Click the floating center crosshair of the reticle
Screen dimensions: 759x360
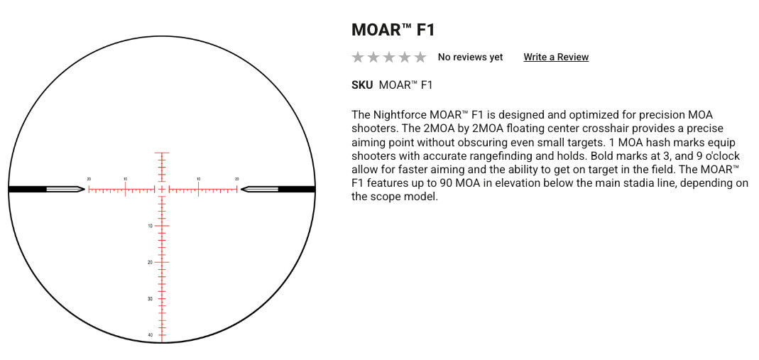point(162,189)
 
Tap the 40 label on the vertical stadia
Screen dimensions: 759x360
point(151,335)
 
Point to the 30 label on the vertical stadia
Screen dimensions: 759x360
point(151,298)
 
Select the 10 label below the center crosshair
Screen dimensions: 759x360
point(151,226)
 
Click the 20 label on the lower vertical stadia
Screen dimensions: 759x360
point(151,262)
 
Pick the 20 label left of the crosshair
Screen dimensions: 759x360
point(89,179)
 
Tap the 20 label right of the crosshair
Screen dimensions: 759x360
point(236,179)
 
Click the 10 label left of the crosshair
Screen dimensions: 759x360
point(126,179)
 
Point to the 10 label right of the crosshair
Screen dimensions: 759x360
point(199,179)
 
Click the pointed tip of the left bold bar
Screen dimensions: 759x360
point(84,189)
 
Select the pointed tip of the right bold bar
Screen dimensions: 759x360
point(241,189)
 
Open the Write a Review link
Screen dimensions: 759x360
point(556,57)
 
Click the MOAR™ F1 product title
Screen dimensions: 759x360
point(393,30)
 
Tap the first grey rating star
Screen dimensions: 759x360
point(358,57)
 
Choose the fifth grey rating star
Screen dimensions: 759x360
point(420,57)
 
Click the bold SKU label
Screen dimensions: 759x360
point(362,85)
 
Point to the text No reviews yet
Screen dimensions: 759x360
point(471,57)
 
